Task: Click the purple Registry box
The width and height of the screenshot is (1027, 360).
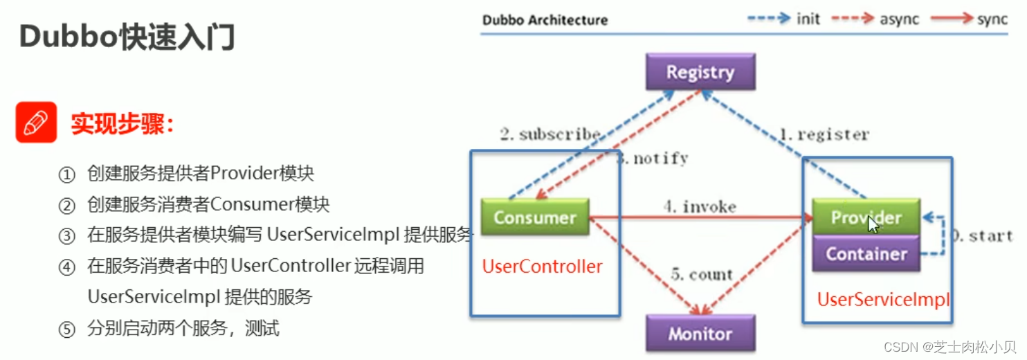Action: pos(700,72)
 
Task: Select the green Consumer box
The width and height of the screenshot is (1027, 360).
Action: pos(534,217)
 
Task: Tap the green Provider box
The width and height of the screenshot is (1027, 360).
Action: pos(866,217)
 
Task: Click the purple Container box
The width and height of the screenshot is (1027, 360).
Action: pos(866,254)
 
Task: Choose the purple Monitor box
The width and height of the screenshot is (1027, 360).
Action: pos(700,334)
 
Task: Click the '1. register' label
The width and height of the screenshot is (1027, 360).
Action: pos(824,134)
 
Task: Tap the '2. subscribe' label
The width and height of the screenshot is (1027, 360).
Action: pos(549,134)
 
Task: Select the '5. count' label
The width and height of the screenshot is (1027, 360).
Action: pos(701,275)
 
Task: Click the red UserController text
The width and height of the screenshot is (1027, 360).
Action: pos(542,267)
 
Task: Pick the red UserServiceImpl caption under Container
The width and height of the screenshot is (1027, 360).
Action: pos(883,300)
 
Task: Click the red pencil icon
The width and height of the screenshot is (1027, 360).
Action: pos(36,123)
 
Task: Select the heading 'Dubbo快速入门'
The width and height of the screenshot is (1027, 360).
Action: pos(127,37)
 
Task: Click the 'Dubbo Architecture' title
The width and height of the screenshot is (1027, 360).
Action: pos(545,19)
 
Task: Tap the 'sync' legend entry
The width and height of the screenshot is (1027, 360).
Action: pos(992,19)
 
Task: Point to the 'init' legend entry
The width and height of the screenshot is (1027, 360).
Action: pos(808,19)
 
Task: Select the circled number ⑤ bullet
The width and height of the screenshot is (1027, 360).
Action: pos(66,330)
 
